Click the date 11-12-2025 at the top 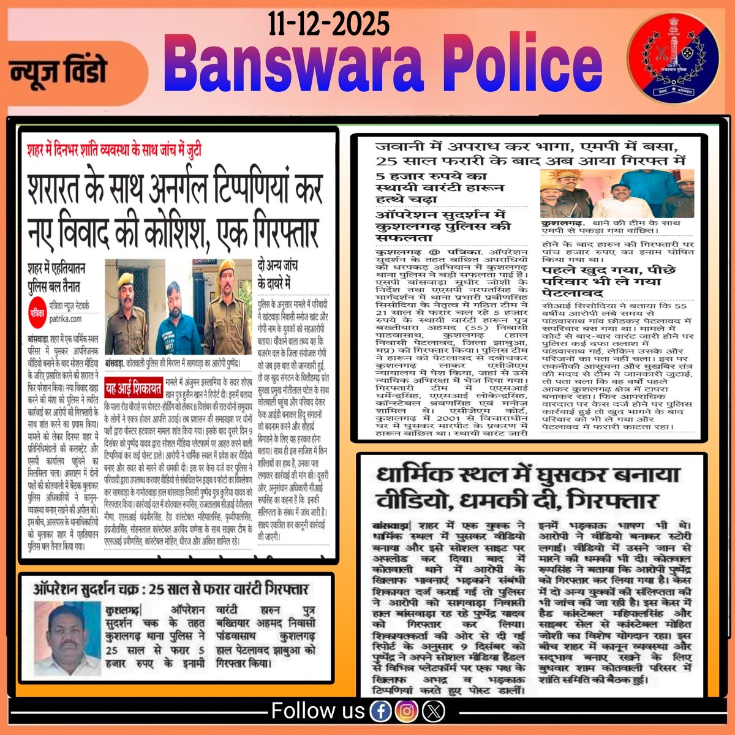[328, 25]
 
